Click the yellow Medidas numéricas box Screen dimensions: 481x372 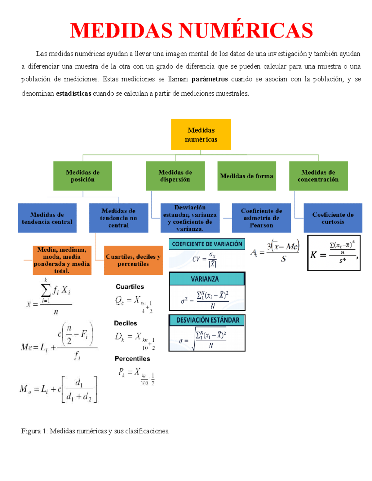click(201, 134)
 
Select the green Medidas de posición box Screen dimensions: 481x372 click(82, 176)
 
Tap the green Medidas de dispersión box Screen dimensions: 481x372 click(175, 176)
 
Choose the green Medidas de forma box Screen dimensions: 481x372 click(246, 176)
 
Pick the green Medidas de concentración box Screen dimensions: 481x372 click(318, 176)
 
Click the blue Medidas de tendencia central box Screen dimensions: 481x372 click(47, 218)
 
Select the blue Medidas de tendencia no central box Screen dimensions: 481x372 click(118, 218)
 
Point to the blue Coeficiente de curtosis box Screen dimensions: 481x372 click(333, 218)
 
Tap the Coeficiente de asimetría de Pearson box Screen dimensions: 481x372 click(261, 218)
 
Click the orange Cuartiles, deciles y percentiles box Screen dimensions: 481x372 click(133, 260)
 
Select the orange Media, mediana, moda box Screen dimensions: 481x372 click(62, 260)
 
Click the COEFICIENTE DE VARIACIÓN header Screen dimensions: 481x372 click(207, 244)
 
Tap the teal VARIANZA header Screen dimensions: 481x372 click(205, 279)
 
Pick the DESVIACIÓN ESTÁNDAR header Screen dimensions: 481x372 click(207, 320)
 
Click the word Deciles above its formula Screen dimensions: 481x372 click(125, 323)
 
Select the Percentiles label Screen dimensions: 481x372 click(132, 359)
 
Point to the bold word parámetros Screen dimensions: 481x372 click(210, 79)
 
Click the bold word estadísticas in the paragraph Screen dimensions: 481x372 click(73, 94)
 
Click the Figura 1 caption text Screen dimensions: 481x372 click(95, 431)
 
